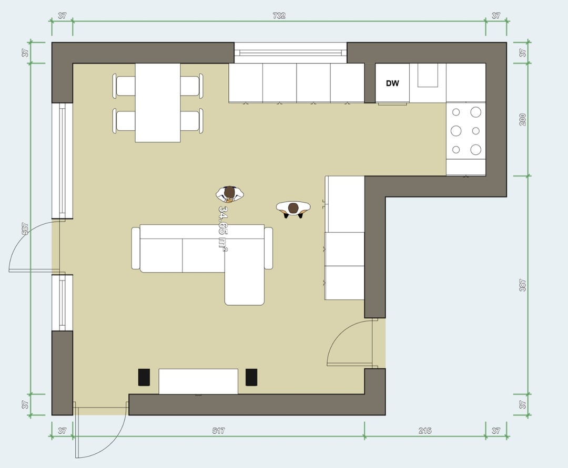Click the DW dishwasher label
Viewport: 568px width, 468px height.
(392, 83)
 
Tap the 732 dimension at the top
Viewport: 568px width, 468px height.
(279, 16)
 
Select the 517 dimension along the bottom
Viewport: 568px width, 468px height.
(218, 430)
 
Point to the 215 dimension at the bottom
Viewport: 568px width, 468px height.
(425, 430)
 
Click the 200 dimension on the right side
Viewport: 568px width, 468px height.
(522, 119)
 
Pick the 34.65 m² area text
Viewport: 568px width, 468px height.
(223, 228)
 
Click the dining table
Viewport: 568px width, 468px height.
(158, 103)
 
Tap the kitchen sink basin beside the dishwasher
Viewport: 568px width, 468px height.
(428, 75)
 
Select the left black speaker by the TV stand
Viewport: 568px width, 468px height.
(144, 377)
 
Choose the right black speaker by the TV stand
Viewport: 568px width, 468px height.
(251, 377)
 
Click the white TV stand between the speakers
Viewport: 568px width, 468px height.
(198, 381)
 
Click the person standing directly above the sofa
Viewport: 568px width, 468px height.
(230, 194)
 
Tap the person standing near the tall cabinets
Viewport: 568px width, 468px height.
(293, 210)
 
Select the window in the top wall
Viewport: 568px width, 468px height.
(290, 53)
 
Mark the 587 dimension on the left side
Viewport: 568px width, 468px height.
(25, 228)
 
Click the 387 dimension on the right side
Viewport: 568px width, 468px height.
(522, 285)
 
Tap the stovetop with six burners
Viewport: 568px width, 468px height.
(466, 131)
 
